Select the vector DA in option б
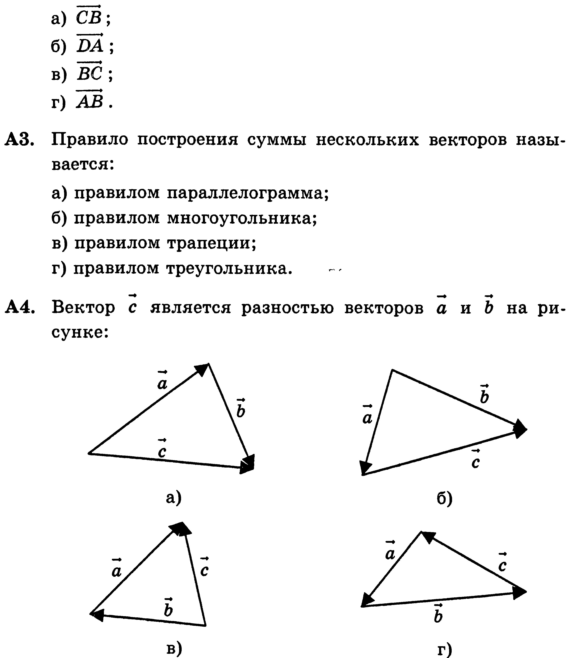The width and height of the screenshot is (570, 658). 90,45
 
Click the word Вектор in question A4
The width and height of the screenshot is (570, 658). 83,307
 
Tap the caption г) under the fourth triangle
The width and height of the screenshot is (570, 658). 444,649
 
